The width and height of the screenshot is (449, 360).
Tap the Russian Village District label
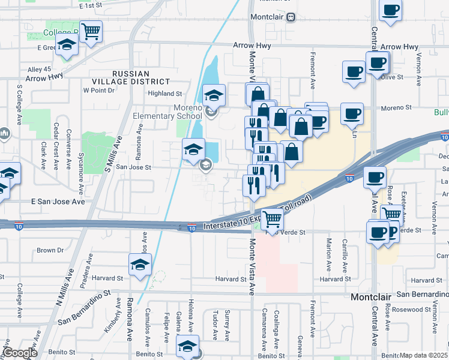pos(131,77)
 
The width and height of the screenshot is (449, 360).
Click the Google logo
pos(19,353)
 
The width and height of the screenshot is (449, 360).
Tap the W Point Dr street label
pos(98,90)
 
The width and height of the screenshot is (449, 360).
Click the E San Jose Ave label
pos(58,202)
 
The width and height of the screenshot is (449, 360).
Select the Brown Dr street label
pos(50,250)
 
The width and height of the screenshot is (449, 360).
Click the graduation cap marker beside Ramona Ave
pos(140,264)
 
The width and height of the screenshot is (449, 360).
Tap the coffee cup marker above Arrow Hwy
pos(390,11)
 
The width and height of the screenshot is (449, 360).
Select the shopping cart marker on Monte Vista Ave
pos(273,220)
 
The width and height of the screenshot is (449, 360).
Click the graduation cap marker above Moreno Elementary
pos(213,95)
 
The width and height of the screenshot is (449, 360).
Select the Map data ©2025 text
pos(424,355)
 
